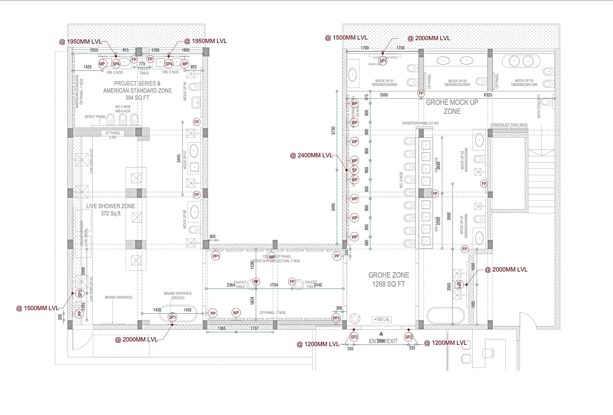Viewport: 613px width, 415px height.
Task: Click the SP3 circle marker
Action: [x=80, y=293]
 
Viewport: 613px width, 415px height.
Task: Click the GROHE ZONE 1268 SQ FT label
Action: [x=389, y=279]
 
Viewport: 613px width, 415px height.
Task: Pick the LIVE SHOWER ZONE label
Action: [x=111, y=206]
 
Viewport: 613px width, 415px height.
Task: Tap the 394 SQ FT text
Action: [x=137, y=98]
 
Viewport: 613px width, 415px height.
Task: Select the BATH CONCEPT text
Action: [x=539, y=106]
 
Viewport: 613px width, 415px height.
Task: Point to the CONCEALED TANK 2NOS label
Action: [x=509, y=125]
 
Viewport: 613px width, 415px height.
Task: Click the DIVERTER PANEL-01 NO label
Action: [x=420, y=123]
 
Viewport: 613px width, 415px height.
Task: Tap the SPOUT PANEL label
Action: [x=95, y=117]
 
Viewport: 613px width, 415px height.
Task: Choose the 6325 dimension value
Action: [x=488, y=95]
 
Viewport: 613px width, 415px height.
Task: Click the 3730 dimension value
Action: [x=333, y=131]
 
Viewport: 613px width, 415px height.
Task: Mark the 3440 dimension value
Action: [x=179, y=159]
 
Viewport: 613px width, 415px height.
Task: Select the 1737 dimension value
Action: [x=254, y=328]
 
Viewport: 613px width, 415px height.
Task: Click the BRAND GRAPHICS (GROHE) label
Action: [x=177, y=296]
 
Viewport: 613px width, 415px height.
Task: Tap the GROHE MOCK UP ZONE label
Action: [x=452, y=107]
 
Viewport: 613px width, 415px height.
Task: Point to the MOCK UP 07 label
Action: [x=185, y=160]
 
